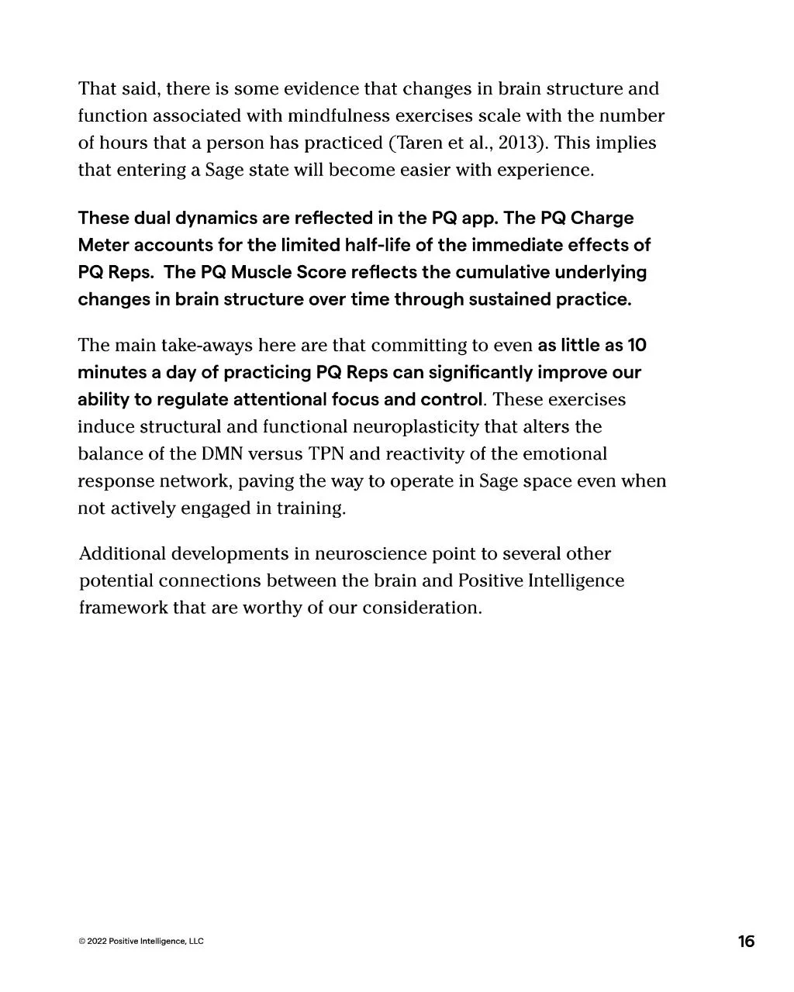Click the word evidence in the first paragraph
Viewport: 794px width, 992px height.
[x=321, y=89]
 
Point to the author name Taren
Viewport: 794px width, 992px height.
[x=419, y=143]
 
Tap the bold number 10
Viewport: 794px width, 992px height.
[x=637, y=346]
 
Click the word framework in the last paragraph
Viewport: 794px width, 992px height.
[x=123, y=608]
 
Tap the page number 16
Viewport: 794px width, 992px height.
[x=746, y=942]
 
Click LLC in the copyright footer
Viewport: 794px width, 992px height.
[x=196, y=942]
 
